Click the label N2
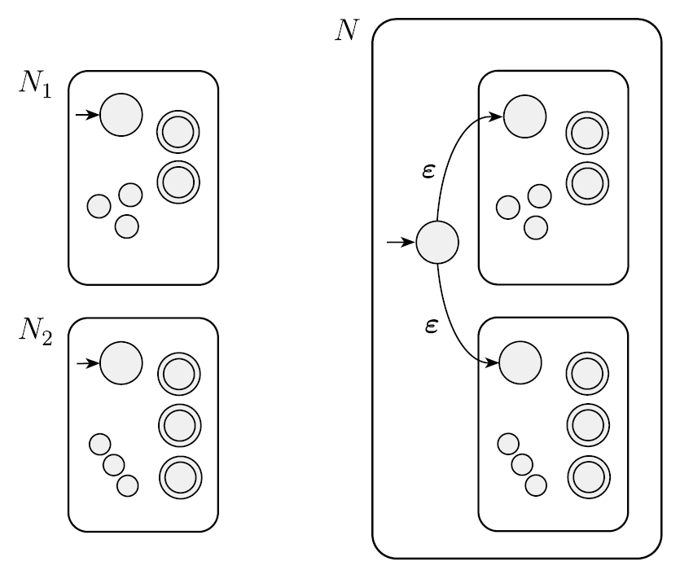click(x=35, y=331)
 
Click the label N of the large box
click(x=347, y=30)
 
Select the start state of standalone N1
click(x=121, y=115)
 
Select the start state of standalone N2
click(x=121, y=362)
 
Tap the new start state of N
click(x=437, y=242)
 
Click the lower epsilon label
click(x=432, y=327)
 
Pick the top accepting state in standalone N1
click(x=178, y=131)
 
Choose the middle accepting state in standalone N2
click(x=178, y=423)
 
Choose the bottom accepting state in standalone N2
click(x=178, y=476)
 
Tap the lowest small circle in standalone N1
click(x=126, y=226)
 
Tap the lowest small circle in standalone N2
click(x=127, y=485)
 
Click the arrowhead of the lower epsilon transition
click(x=493, y=362)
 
